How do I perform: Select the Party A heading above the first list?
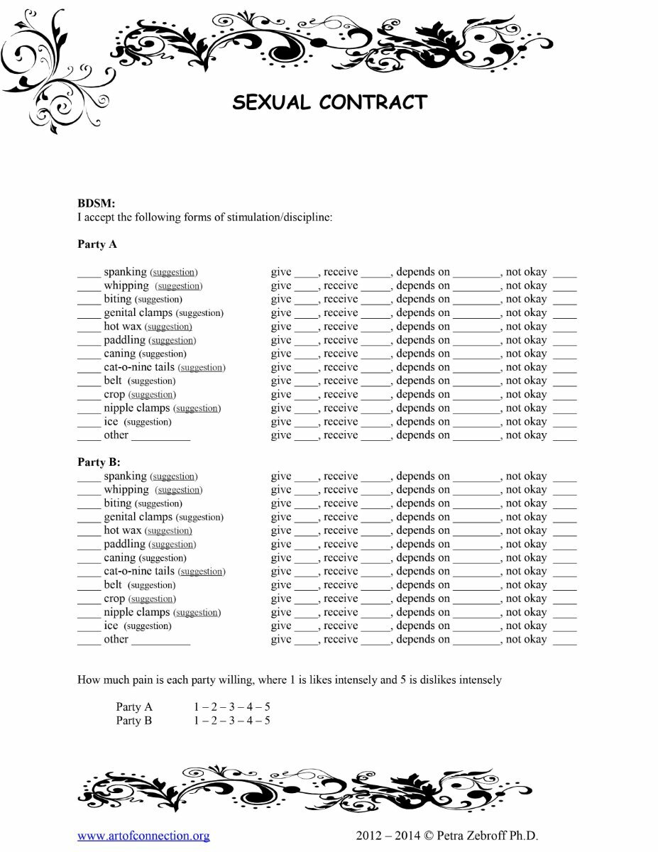click(97, 244)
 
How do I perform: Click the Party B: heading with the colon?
click(99, 462)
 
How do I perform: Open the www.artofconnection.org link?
click(143, 836)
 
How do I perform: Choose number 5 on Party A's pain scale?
click(267, 707)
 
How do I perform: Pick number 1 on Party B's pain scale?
click(197, 721)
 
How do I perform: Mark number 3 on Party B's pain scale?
click(232, 721)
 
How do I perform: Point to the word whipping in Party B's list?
click(126, 490)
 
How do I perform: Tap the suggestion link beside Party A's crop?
click(152, 395)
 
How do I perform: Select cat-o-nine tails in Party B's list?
click(139, 572)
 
